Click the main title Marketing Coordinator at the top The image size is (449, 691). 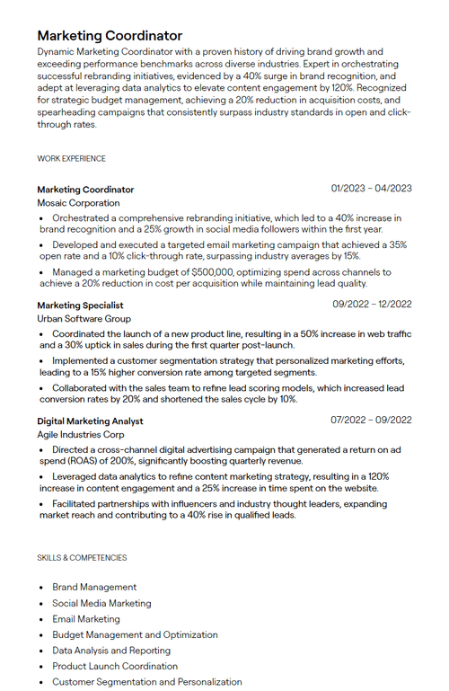coord(110,36)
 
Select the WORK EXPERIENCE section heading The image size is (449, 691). coord(71,159)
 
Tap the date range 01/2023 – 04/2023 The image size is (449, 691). coord(371,189)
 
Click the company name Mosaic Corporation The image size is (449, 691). coord(78,203)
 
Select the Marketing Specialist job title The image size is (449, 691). coord(80,306)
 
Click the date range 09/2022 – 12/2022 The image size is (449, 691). coord(371,305)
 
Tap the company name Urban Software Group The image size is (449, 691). coord(84,319)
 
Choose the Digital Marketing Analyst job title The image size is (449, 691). coord(90,421)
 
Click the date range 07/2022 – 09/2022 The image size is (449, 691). coord(371,420)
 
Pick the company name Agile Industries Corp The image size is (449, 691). coord(81,434)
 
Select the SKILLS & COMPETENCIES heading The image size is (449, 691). coord(82,558)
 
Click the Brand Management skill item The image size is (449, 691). coord(94,588)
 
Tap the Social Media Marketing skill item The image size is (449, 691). coord(101,604)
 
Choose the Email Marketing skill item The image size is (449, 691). coord(86,619)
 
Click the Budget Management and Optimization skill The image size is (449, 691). coord(135,634)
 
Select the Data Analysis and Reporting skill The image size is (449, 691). coord(111,651)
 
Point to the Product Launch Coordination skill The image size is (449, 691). coord(115,666)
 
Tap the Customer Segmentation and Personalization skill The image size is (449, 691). coord(147,682)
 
